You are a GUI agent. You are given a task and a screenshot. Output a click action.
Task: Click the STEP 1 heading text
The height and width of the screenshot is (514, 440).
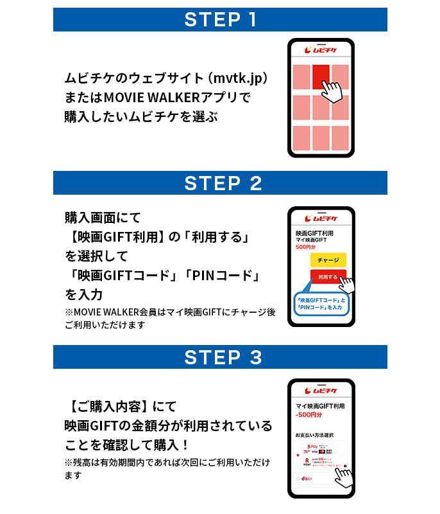220,19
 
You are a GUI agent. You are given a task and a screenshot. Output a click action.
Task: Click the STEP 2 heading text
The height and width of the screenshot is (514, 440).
220,183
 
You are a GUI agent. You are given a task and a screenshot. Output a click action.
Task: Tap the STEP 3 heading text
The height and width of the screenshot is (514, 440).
220,357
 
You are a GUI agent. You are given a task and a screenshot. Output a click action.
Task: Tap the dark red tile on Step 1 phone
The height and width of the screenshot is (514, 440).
321,76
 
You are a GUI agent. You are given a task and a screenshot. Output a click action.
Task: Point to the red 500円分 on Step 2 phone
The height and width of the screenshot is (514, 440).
307,247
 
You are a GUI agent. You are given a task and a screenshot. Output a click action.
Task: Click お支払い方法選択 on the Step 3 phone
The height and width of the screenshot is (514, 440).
315,435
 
